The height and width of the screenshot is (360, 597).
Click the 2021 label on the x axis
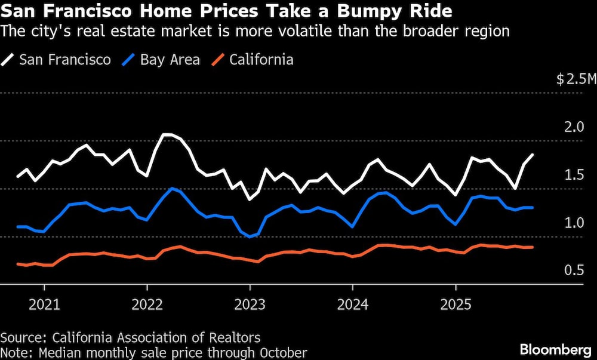(x=44, y=304)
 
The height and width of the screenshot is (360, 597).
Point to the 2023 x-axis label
(x=250, y=304)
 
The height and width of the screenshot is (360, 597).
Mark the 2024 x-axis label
(x=353, y=304)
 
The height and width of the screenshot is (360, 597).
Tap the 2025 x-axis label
(x=456, y=304)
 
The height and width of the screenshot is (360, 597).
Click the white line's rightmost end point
(x=533, y=155)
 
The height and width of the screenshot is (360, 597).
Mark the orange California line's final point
(x=533, y=247)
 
